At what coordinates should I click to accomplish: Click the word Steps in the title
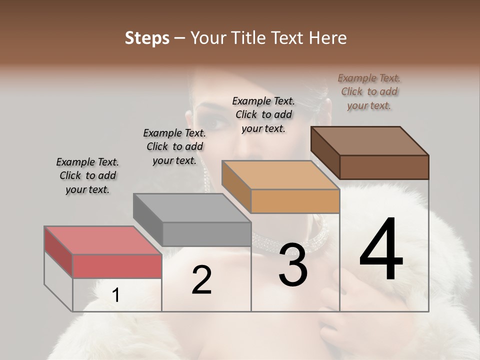(x=147, y=38)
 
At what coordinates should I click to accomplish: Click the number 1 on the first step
(x=115, y=295)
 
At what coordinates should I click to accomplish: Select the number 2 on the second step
(x=201, y=280)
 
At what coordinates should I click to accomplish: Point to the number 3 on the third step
(x=293, y=265)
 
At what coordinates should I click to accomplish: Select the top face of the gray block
(x=192, y=207)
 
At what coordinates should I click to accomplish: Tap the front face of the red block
(x=117, y=266)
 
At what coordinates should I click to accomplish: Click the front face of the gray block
(x=206, y=234)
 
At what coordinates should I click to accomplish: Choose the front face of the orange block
(x=295, y=201)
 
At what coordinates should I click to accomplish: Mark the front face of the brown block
(x=384, y=167)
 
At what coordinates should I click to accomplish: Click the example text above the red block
(x=87, y=175)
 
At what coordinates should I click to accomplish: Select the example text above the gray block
(x=174, y=146)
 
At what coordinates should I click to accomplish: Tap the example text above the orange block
(x=263, y=114)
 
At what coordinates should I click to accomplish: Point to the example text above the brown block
(x=369, y=91)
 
